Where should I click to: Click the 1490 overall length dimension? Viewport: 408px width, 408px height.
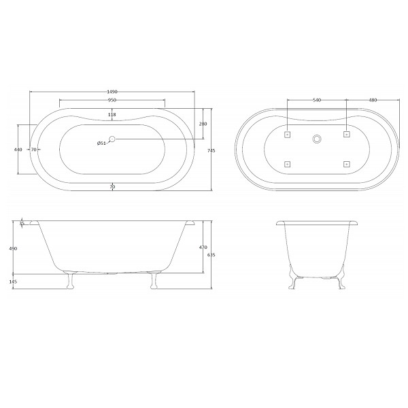point(112,92)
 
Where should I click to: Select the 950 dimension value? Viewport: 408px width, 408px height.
point(112,100)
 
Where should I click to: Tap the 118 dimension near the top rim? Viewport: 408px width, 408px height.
point(112,114)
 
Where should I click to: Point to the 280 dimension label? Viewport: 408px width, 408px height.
point(203,124)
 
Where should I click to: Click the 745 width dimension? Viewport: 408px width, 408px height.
point(211,150)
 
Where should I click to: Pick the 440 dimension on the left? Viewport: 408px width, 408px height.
point(18,150)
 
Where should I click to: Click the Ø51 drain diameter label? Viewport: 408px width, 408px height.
point(101,143)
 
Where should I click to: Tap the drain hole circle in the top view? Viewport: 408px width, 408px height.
point(112,139)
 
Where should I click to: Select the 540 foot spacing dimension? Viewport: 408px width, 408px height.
point(317,100)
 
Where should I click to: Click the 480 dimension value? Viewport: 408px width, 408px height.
point(373,100)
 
